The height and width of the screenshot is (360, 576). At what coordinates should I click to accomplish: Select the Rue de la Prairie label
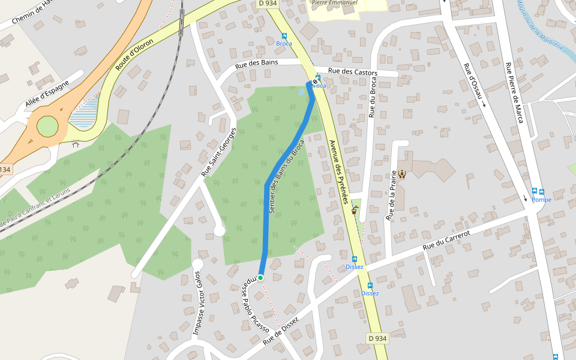pos(391,195)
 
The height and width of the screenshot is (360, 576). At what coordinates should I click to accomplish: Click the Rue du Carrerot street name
pos(445,239)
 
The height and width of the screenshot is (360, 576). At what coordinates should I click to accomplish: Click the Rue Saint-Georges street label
pos(216,151)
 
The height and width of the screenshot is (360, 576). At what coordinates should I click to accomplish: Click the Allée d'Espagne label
pos(47,95)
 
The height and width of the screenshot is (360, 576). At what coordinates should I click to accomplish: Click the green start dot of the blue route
pos(260,277)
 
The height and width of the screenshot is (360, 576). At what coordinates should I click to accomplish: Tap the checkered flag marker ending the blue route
pos(315,82)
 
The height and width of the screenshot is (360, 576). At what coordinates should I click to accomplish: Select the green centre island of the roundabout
pos(47,127)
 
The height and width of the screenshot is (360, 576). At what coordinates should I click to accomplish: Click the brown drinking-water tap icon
pos(355,211)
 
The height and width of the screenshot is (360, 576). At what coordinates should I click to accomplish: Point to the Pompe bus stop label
pos(541,200)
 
